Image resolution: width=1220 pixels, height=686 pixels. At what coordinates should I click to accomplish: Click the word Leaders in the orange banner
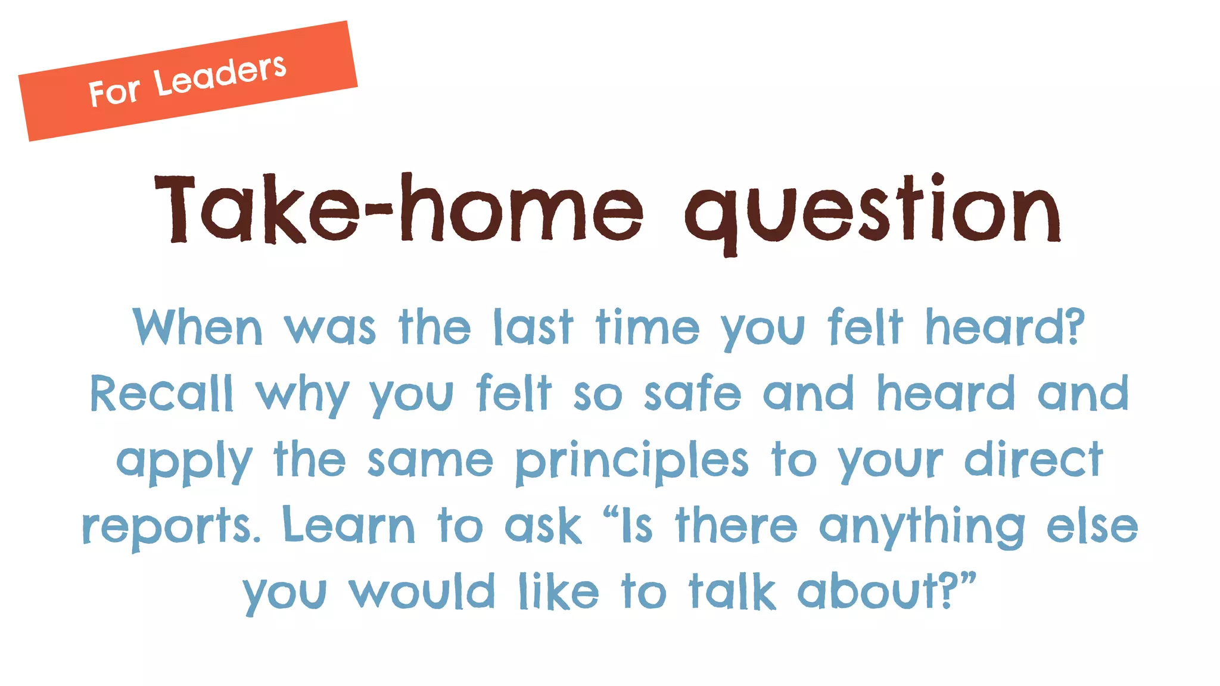(x=220, y=76)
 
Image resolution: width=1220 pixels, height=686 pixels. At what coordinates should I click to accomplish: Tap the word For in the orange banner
(x=114, y=92)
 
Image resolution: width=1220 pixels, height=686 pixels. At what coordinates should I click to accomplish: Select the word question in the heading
(x=873, y=212)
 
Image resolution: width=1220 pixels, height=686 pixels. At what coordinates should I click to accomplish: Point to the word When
(x=197, y=328)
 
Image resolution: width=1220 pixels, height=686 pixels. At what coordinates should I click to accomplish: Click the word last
(x=533, y=328)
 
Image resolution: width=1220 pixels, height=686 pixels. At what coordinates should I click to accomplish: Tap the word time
(x=648, y=328)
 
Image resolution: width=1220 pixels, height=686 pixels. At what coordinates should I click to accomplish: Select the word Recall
(x=161, y=394)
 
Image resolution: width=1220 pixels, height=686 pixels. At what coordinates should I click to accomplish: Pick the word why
(x=303, y=396)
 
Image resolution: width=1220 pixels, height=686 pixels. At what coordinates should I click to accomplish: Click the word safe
(x=692, y=394)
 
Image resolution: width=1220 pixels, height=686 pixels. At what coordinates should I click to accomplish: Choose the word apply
(x=184, y=462)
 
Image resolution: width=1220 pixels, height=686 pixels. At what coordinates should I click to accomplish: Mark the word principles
(x=631, y=462)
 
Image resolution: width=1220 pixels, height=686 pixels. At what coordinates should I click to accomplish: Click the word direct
(x=1034, y=460)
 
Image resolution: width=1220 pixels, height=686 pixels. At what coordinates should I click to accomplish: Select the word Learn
(x=348, y=525)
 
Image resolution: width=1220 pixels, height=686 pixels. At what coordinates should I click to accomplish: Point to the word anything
(x=922, y=527)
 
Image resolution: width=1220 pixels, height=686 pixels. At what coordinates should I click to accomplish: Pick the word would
(x=422, y=592)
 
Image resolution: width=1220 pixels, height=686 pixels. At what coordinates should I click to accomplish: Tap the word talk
(x=732, y=592)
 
